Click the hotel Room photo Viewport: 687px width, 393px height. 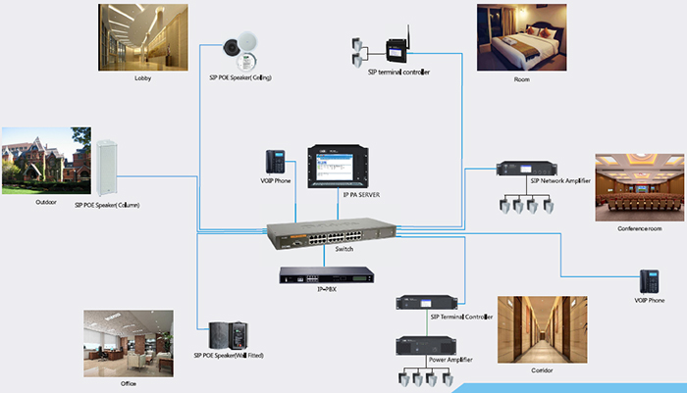521,36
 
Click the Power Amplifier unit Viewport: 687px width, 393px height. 430,345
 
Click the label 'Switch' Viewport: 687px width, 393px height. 343,251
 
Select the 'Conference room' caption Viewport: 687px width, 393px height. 640,228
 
